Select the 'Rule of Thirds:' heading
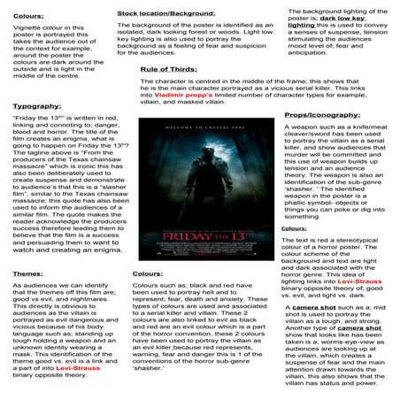click(169, 68)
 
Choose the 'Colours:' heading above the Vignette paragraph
click(25, 15)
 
